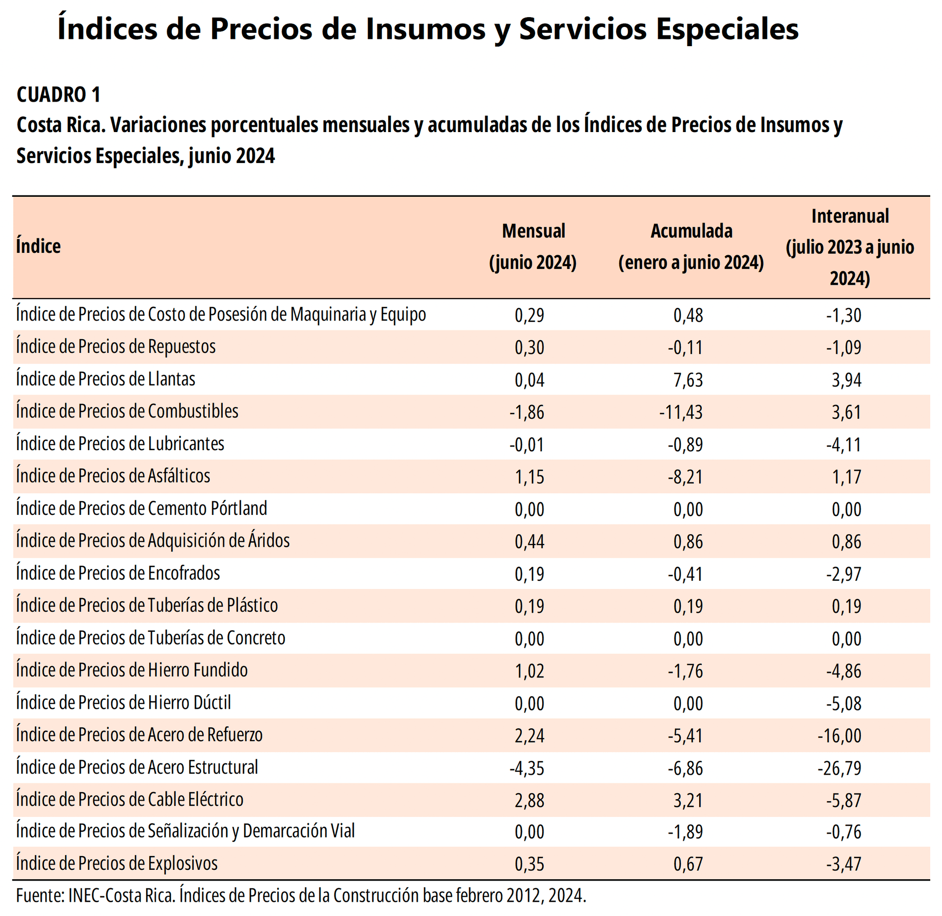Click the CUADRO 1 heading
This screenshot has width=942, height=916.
(58, 94)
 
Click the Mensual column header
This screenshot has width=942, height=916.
(533, 246)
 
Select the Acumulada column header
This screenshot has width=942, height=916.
(691, 246)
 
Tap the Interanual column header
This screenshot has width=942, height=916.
(850, 246)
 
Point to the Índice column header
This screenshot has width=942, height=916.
(38, 246)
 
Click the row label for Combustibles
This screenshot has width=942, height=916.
(127, 411)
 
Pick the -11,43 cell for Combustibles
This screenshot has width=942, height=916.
(681, 412)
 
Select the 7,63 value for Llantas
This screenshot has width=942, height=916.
(688, 380)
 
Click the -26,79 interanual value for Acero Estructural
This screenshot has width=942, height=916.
(839, 768)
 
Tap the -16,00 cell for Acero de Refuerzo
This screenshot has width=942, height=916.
(839, 736)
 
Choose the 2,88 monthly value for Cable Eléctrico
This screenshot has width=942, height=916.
(529, 801)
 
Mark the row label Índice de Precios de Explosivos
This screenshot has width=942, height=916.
(117, 863)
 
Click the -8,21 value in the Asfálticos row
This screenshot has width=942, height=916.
(685, 477)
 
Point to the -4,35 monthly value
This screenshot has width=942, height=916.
(527, 768)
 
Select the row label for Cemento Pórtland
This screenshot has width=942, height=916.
(141, 509)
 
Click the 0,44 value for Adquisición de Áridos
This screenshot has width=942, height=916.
(529, 542)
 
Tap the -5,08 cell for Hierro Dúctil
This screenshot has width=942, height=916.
(843, 704)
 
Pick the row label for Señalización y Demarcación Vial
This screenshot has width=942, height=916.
(185, 831)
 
